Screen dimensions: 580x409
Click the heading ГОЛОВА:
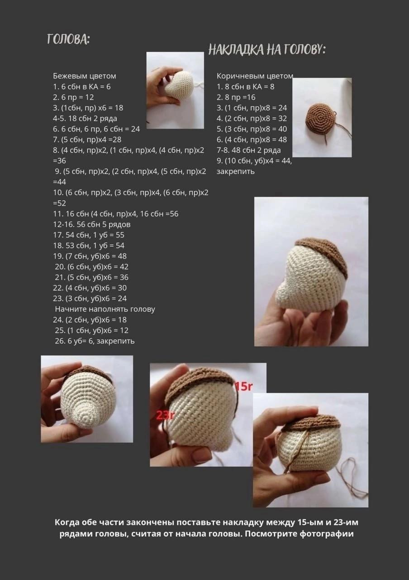click(x=68, y=39)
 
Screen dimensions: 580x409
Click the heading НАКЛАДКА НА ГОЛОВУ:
click(x=267, y=50)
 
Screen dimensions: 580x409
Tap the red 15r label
click(x=243, y=387)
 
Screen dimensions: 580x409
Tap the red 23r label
click(x=163, y=415)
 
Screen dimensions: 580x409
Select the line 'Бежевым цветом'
click(x=84, y=76)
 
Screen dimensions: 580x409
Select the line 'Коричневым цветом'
click(x=255, y=76)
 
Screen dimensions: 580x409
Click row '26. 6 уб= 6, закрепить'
click(x=95, y=341)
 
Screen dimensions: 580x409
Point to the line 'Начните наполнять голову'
click(x=105, y=309)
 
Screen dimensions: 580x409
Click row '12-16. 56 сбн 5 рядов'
click(x=92, y=224)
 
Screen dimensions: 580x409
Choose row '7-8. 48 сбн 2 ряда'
click(x=249, y=150)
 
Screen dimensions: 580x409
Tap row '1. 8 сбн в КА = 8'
click(x=246, y=87)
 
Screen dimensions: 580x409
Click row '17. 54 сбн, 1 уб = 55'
click(x=89, y=235)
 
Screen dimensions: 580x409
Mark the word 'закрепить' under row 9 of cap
click(x=236, y=171)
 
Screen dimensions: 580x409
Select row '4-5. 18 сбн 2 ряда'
click(x=85, y=118)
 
